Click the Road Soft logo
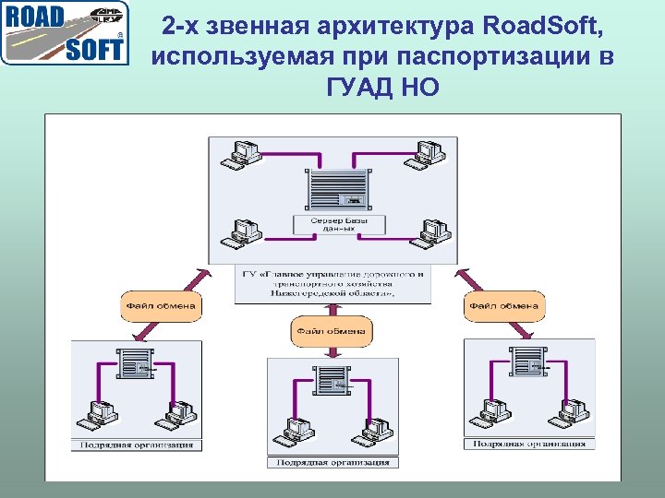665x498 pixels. (x=64, y=33)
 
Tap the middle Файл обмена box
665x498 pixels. (x=332, y=330)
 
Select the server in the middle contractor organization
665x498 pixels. (x=332, y=379)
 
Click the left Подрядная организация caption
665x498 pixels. (x=137, y=445)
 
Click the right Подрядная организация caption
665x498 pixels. (x=529, y=445)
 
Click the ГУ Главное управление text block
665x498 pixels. (x=332, y=286)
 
